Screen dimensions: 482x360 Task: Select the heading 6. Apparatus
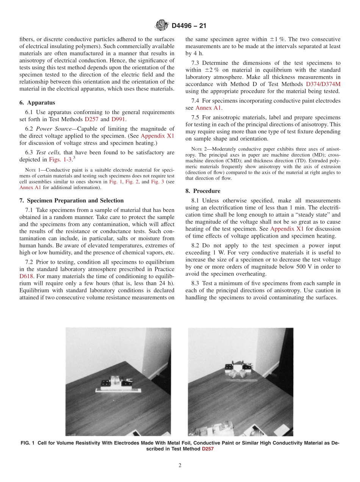pos(37,103)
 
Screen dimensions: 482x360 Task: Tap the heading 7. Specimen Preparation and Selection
pos(71,200)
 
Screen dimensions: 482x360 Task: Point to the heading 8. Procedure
pos(203,191)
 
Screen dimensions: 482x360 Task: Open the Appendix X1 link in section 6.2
pos(157,136)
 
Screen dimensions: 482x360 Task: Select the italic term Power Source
pos(55,129)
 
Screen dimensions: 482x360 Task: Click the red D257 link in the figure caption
pos(207,449)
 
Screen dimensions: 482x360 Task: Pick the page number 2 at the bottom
pos(180,466)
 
